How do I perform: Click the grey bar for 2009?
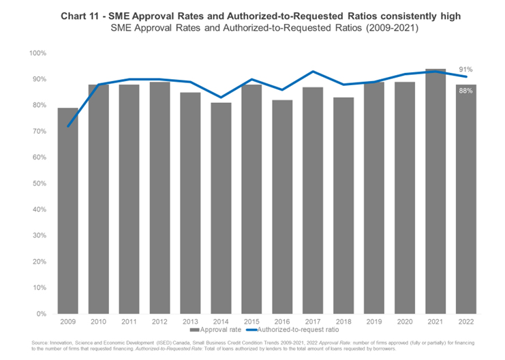[67, 211]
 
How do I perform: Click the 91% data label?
[465, 70]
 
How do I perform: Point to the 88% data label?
[465, 91]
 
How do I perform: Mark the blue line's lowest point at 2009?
[67, 126]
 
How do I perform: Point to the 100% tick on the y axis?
[37, 53]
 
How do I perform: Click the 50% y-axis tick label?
[38, 183]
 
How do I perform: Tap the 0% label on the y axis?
[40, 314]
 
